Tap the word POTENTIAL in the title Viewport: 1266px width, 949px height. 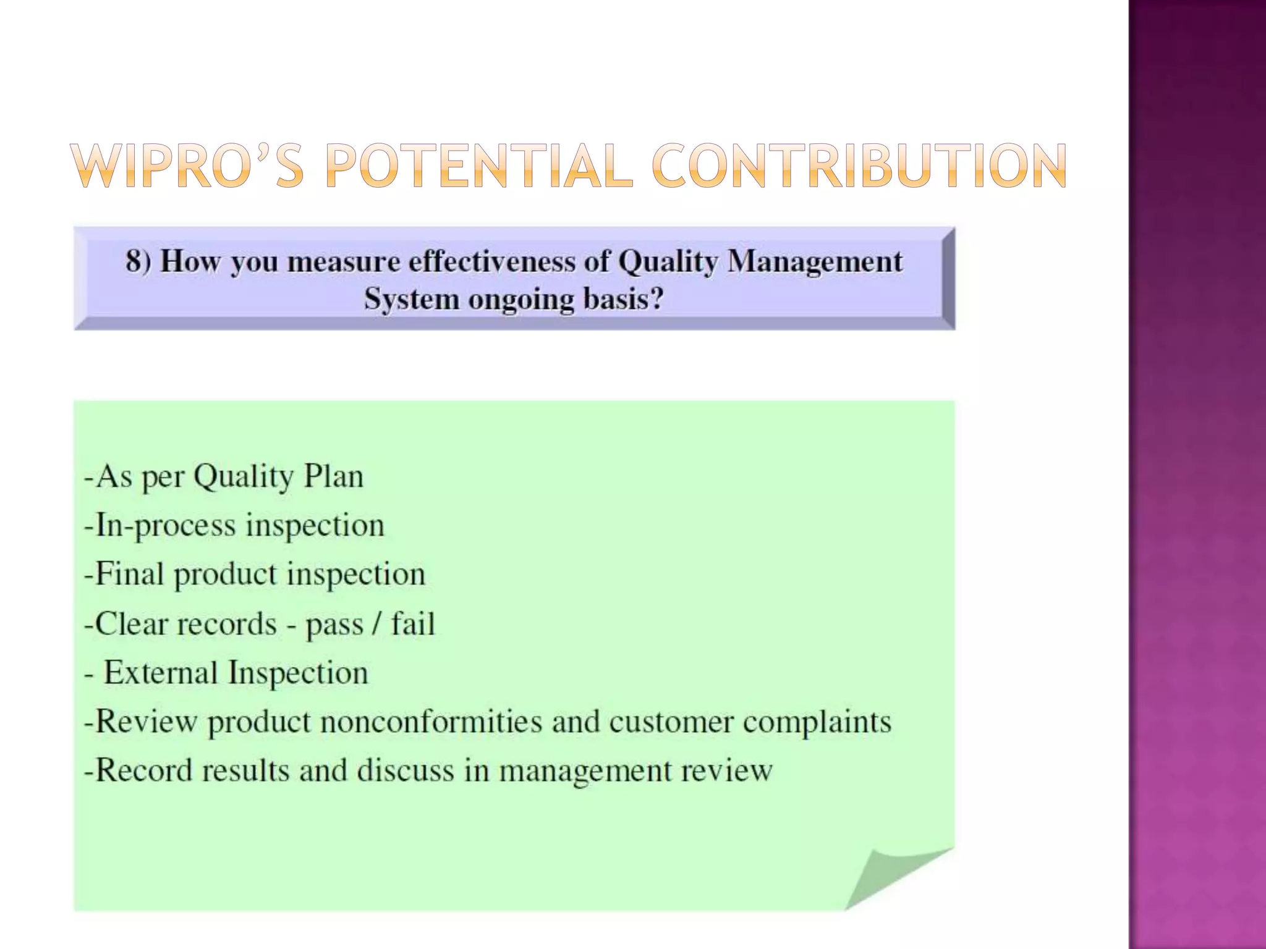pyautogui.click(x=479, y=166)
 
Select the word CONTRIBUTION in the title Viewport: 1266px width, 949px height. pyautogui.click(x=859, y=166)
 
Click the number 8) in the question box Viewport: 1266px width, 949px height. pyautogui.click(x=138, y=261)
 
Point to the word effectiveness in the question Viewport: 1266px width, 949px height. pyautogui.click(x=493, y=261)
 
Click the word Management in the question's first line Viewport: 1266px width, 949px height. pyautogui.click(x=815, y=261)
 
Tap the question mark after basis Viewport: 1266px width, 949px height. pyautogui.click(x=656, y=299)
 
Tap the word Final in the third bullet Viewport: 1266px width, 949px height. pyautogui.click(x=129, y=574)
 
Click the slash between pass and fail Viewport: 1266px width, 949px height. pyautogui.click(x=376, y=623)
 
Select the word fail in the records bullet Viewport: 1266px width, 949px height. pyautogui.click(x=413, y=623)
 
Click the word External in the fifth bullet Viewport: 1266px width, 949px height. pyautogui.click(x=159, y=672)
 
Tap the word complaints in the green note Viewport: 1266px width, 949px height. pyautogui.click(x=817, y=722)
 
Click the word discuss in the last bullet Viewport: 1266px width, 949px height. pyautogui.click(x=405, y=770)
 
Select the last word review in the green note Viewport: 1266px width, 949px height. pyautogui.click(x=727, y=770)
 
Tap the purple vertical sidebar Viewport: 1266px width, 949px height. pyautogui.click(x=1197, y=474)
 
